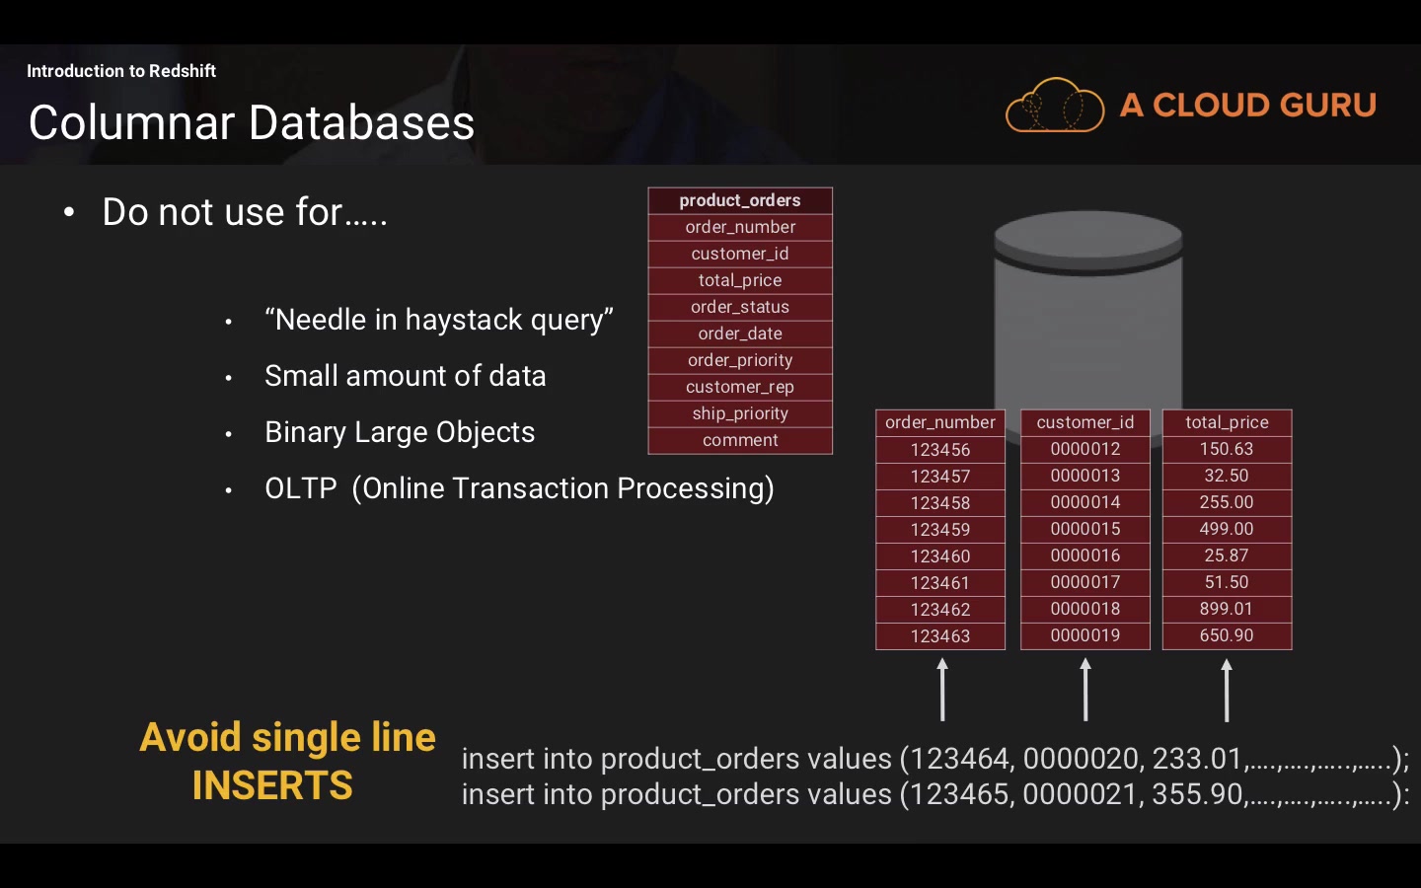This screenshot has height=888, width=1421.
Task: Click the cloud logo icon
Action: tap(1054, 105)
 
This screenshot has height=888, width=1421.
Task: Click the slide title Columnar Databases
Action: tap(252, 123)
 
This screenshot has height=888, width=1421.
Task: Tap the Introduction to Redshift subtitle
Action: tap(121, 71)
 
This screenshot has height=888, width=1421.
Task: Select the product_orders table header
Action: tap(740, 200)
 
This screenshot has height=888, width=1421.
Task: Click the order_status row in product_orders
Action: tap(740, 307)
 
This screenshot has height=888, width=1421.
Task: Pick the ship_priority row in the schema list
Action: tap(740, 413)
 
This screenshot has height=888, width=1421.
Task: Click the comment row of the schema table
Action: tap(740, 440)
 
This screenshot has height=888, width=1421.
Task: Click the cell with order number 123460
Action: tap(940, 556)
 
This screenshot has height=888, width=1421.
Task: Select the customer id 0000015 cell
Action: tap(1085, 529)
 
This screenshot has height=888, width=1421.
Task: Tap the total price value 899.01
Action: tap(1227, 609)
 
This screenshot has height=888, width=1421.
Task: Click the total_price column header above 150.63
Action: tap(1227, 422)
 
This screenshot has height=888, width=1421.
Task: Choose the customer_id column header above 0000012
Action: tap(1085, 422)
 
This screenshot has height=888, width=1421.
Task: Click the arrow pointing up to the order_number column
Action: tap(942, 690)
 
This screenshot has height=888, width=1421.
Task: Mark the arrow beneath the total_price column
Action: tap(1227, 690)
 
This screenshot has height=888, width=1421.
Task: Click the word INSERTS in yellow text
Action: tap(272, 785)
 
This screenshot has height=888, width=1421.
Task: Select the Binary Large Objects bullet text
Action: tap(400, 432)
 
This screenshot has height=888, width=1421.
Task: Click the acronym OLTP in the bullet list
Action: tap(301, 488)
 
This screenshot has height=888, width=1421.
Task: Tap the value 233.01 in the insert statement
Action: tap(1197, 759)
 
